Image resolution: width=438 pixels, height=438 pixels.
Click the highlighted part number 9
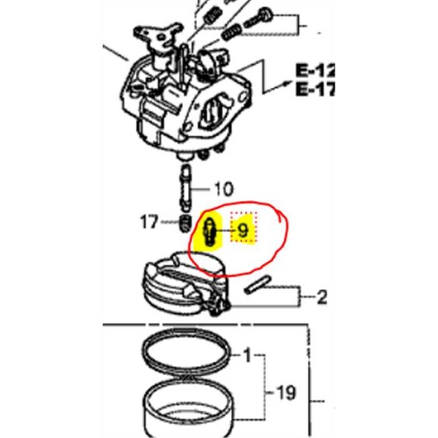(242, 230)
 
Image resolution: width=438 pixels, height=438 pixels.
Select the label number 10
(222, 189)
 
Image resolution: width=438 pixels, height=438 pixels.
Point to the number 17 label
(150, 223)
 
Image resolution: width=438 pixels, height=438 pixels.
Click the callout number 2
(322, 298)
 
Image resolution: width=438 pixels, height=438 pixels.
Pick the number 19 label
(285, 393)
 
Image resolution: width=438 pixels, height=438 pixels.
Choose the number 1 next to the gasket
(249, 354)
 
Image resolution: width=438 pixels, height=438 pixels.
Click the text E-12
(313, 71)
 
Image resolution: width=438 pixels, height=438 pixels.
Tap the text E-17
(313, 88)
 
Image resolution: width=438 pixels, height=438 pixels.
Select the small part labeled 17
(181, 225)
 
